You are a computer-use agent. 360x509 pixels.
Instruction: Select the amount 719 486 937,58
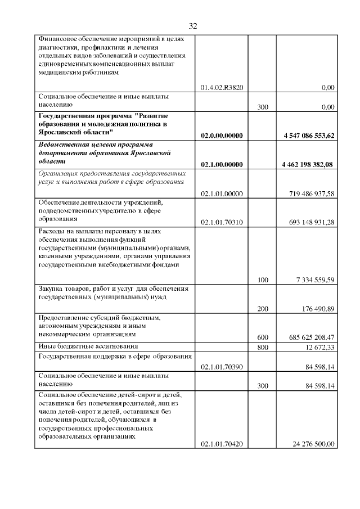coord(310,193)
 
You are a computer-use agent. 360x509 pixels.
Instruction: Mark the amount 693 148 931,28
coord(310,222)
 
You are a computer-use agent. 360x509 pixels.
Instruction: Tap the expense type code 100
coord(262,280)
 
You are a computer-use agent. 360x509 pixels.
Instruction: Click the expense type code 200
coord(262,308)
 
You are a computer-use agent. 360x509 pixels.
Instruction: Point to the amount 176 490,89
coord(317,308)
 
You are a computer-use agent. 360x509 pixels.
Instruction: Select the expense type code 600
coord(262,337)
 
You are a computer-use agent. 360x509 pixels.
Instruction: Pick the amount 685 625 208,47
coord(310,337)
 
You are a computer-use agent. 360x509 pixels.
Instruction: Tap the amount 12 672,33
coord(319,347)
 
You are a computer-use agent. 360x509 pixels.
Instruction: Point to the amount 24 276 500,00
coord(313,444)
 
